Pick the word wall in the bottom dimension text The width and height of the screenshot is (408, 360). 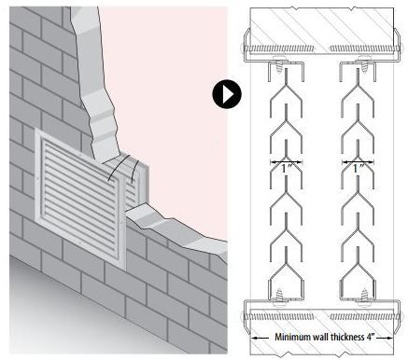tap(324, 338)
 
